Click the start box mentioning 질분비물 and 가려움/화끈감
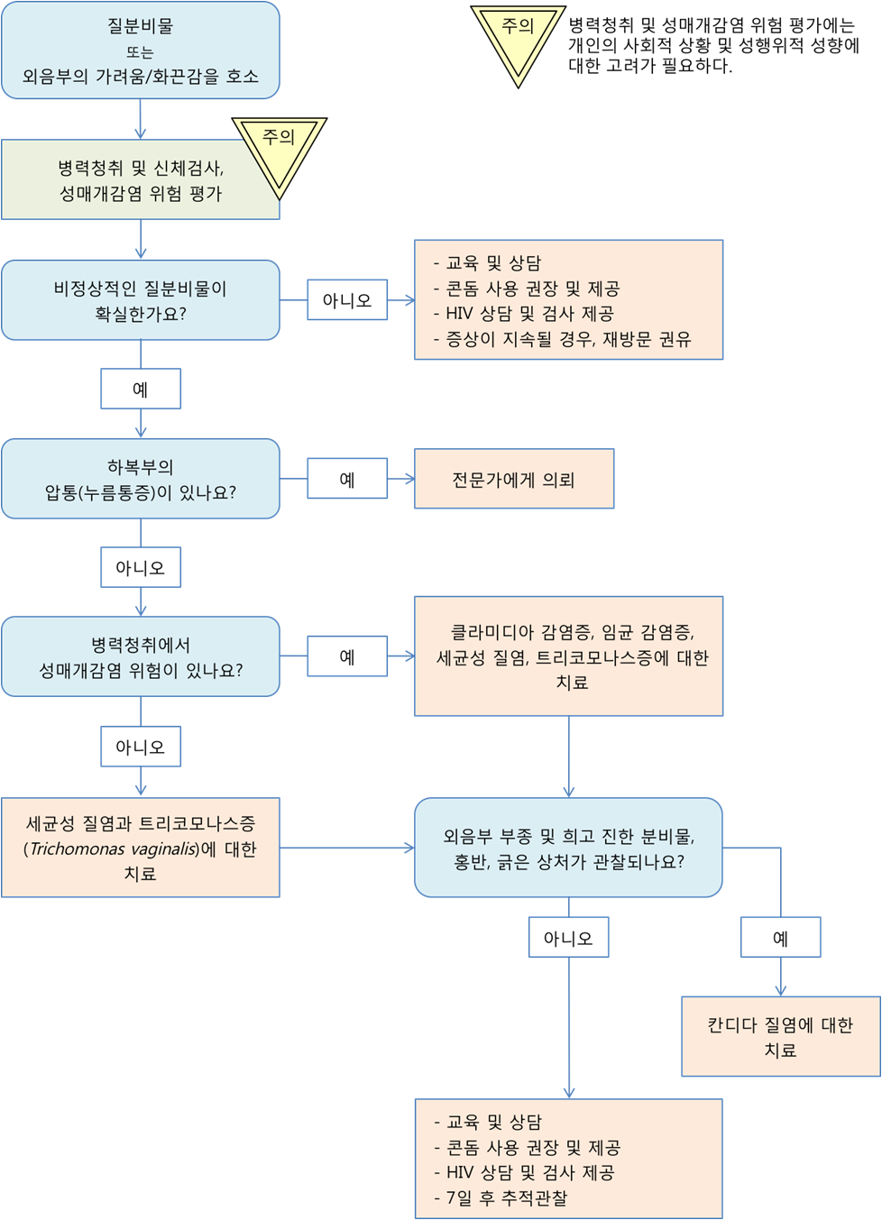click(x=140, y=50)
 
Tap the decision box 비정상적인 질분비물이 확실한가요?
click(x=140, y=300)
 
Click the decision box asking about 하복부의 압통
click(x=140, y=479)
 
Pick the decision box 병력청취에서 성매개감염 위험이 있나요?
click(x=140, y=657)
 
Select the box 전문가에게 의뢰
click(x=514, y=480)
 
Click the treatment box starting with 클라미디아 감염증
click(x=568, y=656)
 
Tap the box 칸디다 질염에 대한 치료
click(x=780, y=1037)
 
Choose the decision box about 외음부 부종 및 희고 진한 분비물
click(x=568, y=848)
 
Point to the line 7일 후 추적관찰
click(x=507, y=1198)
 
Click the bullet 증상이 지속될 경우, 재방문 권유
click(x=568, y=339)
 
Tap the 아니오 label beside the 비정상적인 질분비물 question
click(x=347, y=300)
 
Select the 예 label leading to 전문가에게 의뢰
click(x=347, y=479)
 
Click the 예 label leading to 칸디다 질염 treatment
click(x=780, y=938)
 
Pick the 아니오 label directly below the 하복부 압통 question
click(x=140, y=568)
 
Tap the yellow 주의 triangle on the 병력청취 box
click(x=279, y=150)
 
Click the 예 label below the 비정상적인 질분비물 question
click(x=140, y=390)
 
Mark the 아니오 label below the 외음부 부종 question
click(x=568, y=938)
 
